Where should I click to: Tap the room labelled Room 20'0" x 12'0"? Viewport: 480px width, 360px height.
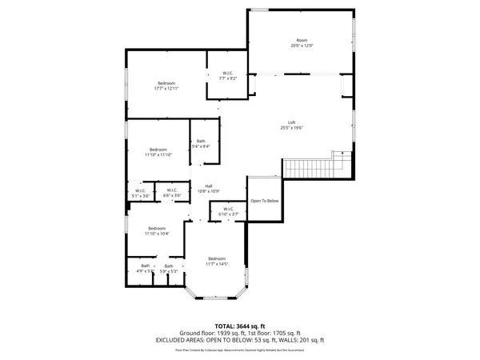click(x=302, y=43)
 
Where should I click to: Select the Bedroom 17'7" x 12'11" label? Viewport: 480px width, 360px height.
click(x=166, y=86)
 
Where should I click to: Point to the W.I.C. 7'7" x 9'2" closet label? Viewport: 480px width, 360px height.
click(x=228, y=77)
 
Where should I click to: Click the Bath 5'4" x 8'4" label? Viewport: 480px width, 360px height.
click(x=201, y=144)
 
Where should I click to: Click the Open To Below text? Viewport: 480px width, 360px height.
click(x=265, y=201)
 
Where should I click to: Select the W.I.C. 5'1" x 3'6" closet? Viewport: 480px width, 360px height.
click(x=140, y=193)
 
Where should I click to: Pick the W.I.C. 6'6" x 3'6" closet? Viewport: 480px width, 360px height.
click(x=172, y=193)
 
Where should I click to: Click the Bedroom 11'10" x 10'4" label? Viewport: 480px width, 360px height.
click(x=156, y=231)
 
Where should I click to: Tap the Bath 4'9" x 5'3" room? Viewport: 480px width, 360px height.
click(x=146, y=268)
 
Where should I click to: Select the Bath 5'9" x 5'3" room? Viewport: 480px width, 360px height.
click(x=169, y=269)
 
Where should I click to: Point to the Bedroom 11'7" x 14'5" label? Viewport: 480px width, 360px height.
click(x=217, y=262)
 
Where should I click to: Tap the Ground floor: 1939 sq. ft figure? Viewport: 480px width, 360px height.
click(x=209, y=333)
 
